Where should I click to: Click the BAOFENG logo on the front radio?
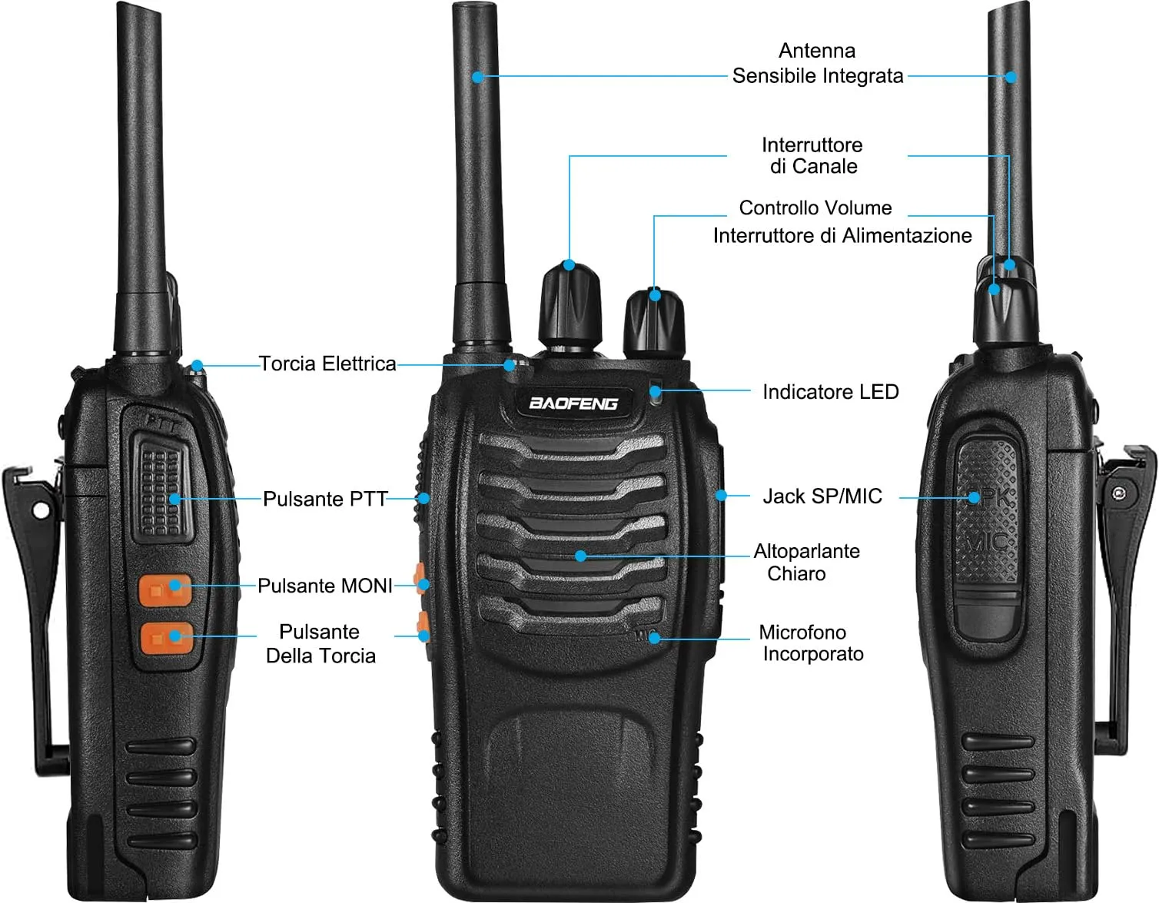coord(573,403)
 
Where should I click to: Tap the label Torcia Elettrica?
coord(327,364)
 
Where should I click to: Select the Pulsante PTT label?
coord(325,499)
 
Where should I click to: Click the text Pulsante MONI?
coord(325,586)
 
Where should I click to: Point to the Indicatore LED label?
coord(831,392)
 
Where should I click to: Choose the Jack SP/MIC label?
coord(822,496)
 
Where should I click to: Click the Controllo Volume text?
coord(815,208)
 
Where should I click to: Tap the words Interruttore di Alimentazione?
coord(842,236)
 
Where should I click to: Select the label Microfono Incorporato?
coord(810,643)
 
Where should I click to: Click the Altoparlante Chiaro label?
coord(806,563)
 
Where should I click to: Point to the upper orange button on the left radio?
coord(165,589)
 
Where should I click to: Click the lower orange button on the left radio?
coord(167,638)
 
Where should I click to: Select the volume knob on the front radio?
coord(654,324)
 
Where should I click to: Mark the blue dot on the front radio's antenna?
coord(478,77)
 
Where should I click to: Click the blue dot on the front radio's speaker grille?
coord(581,556)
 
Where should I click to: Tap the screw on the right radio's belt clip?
coord(1119,494)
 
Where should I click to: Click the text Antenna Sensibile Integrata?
coord(818,64)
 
